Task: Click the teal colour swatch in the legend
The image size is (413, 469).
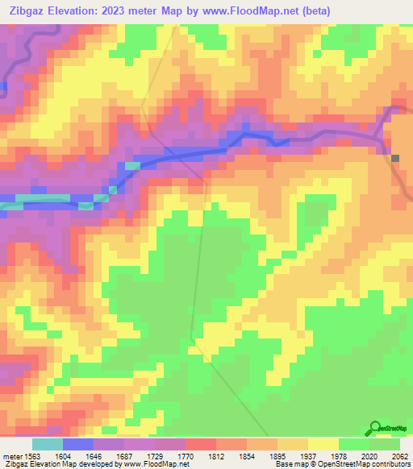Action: point(48,444)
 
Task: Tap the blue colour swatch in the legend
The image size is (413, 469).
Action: point(78,444)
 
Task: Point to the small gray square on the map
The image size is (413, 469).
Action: point(395,158)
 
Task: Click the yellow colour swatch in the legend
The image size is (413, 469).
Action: point(323,444)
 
